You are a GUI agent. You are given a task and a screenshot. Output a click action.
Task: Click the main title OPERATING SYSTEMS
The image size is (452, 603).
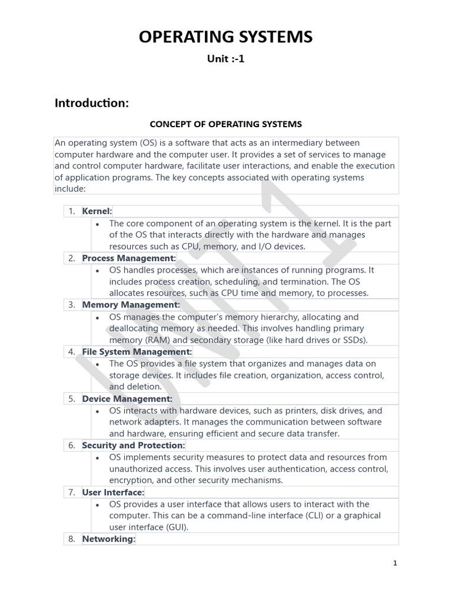point(225,38)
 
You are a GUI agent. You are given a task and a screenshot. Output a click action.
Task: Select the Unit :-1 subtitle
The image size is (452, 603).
point(225,59)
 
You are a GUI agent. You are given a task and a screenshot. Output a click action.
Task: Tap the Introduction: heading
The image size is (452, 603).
point(91,103)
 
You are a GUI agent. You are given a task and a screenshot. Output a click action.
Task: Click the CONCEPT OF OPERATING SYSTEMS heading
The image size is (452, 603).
point(225,124)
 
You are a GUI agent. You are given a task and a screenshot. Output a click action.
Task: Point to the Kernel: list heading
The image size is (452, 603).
point(97,211)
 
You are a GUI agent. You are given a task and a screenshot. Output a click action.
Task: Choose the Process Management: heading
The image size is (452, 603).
point(129,258)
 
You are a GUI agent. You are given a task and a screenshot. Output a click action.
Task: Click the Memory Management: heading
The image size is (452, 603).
point(131,304)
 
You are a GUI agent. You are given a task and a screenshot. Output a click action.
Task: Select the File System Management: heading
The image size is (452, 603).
point(137,352)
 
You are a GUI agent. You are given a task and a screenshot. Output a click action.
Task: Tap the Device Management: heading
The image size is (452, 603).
point(127,399)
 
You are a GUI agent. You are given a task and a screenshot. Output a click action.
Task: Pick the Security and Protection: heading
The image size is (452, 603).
point(134,445)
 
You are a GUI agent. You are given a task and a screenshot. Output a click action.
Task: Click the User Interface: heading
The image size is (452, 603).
point(113,492)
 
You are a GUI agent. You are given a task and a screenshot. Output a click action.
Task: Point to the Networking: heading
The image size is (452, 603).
point(109,539)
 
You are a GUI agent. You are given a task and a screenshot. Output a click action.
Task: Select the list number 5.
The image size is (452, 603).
point(71,399)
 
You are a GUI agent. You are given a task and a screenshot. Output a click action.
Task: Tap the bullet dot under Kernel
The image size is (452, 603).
point(97,224)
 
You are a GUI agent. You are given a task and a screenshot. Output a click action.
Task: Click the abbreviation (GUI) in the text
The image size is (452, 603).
point(175,527)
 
